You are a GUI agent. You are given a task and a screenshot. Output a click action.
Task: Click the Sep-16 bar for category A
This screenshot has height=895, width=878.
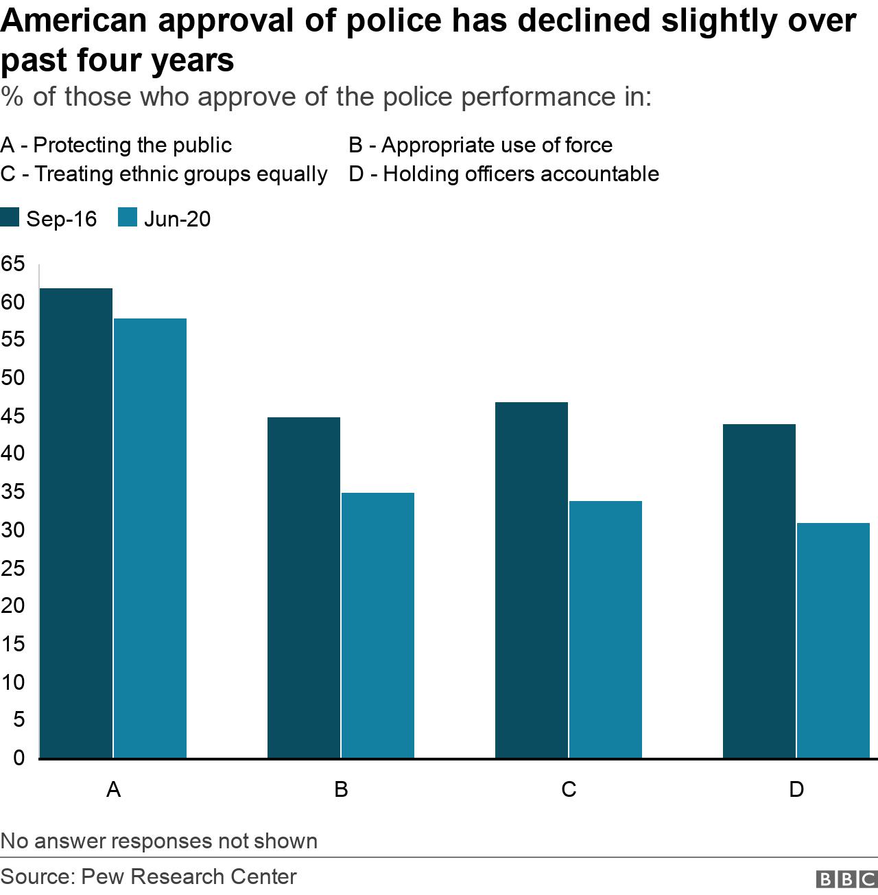(76, 523)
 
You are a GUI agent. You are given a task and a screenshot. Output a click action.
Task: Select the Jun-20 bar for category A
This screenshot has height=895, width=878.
(150, 538)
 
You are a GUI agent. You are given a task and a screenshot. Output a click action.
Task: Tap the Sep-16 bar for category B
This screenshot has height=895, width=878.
(304, 588)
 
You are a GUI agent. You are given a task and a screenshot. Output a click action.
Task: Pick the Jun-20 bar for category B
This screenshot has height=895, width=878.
(378, 625)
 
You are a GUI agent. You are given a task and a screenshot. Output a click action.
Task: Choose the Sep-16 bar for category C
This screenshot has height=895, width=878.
(532, 580)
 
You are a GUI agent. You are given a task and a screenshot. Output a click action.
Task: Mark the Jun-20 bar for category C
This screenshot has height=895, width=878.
(606, 629)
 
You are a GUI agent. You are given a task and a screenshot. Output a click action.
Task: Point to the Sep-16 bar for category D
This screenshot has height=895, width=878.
(759, 591)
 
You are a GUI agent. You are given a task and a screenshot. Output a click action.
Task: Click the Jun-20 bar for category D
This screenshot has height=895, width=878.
(833, 640)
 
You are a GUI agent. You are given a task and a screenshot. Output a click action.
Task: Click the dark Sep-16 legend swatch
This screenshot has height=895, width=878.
(10, 218)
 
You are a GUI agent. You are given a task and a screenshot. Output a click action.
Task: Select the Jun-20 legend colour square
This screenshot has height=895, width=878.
(128, 218)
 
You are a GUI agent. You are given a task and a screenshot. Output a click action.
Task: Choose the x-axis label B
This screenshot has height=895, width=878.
(341, 789)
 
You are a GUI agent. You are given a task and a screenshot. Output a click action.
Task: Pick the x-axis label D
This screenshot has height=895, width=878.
(796, 789)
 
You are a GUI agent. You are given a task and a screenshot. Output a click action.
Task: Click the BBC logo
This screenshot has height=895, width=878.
(846, 879)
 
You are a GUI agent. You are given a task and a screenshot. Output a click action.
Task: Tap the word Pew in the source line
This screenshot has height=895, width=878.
(102, 876)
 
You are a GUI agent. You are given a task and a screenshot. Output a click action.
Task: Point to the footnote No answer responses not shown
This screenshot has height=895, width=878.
(159, 841)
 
